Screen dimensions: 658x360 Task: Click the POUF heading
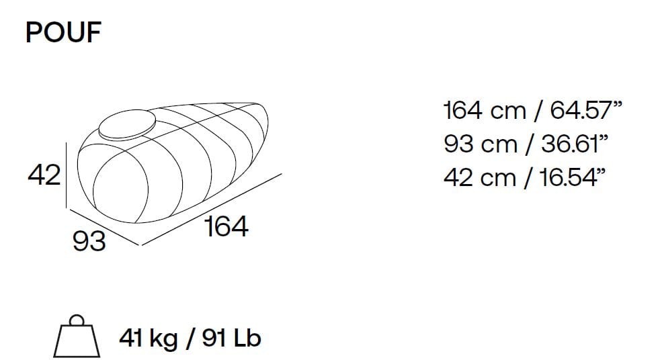63,32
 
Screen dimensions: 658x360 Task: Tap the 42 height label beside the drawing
44,175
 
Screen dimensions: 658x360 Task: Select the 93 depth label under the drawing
89,241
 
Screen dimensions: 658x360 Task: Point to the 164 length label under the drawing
227,226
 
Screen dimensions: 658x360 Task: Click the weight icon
77,336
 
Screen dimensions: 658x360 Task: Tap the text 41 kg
148,339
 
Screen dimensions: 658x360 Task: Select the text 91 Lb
231,338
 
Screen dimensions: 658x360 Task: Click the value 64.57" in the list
586,110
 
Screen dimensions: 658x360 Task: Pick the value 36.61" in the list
575,144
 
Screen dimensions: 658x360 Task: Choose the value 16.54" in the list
573,177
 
